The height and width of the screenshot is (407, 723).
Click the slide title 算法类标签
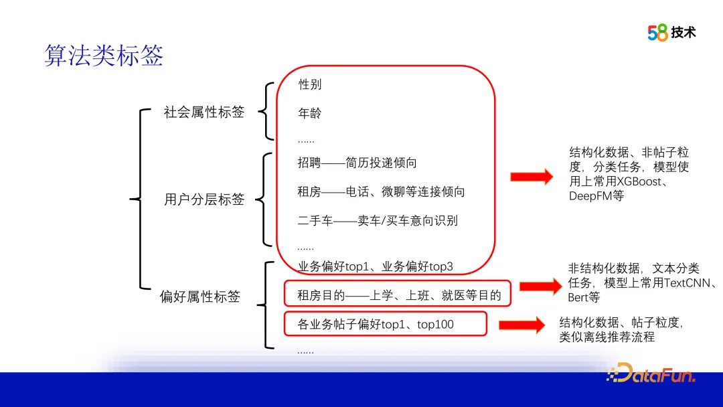tap(104, 56)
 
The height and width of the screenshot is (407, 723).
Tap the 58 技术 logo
tap(671, 32)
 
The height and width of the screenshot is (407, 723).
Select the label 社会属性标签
tap(204, 112)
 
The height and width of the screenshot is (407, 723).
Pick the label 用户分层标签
tap(204, 199)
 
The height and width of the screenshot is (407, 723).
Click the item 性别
tap(310, 84)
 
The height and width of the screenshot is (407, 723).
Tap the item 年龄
tap(310, 113)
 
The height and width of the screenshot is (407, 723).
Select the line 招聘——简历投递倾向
tap(357, 163)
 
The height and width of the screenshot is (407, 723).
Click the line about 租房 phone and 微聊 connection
tap(381, 191)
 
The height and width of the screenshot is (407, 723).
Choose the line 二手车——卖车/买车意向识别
tap(378, 220)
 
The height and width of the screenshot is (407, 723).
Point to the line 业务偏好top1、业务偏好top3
tap(375, 266)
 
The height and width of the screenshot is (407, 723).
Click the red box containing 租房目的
tap(398, 294)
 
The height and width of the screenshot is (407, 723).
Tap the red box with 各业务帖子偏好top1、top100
tap(385, 324)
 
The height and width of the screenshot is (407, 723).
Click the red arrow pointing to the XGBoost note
tap(532, 177)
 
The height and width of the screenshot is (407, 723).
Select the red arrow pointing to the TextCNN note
tap(540, 287)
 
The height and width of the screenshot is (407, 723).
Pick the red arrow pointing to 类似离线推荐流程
tap(521, 325)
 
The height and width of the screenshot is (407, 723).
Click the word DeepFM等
tap(596, 196)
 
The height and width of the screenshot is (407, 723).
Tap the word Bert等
tap(584, 297)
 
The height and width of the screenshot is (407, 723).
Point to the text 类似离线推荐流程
tap(607, 338)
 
